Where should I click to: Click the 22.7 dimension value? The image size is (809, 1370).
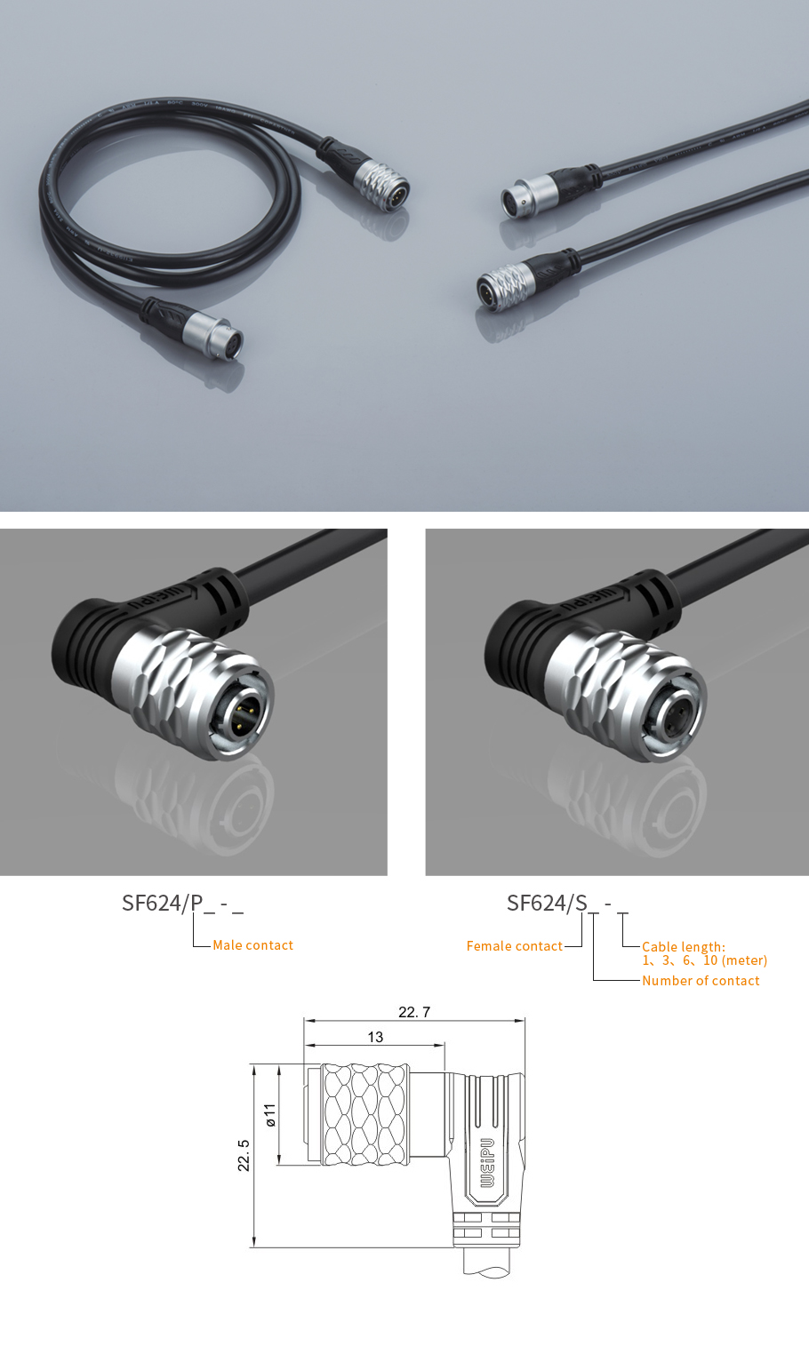[414, 1012]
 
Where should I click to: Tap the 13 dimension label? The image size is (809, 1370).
[375, 1038]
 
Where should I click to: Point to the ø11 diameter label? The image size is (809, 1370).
[270, 1115]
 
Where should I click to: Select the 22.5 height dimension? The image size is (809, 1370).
[244, 1155]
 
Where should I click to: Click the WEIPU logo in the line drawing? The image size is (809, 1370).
[487, 1163]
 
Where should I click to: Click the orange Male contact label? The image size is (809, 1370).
[252, 945]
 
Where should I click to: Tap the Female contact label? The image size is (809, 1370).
[514, 946]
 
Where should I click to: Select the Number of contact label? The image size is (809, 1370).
[701, 981]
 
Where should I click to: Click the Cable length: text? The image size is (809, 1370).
[684, 947]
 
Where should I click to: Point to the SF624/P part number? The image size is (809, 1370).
[162, 904]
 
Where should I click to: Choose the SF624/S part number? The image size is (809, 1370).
[547, 904]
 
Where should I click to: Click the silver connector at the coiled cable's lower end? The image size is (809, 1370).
[214, 335]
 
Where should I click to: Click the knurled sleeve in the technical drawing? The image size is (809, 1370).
[365, 1114]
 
